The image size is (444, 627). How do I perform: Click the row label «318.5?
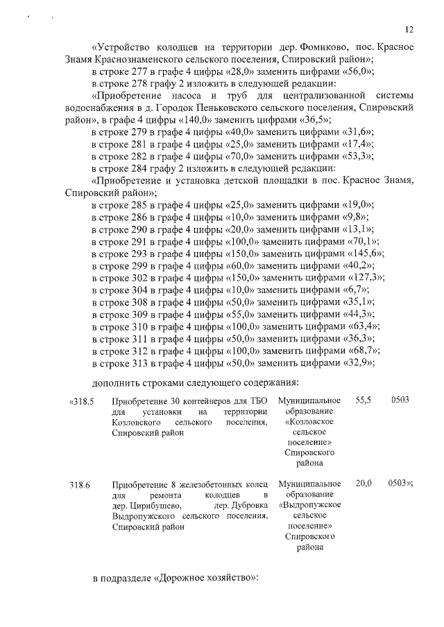(x=83, y=401)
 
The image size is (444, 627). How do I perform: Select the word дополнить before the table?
(x=116, y=382)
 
